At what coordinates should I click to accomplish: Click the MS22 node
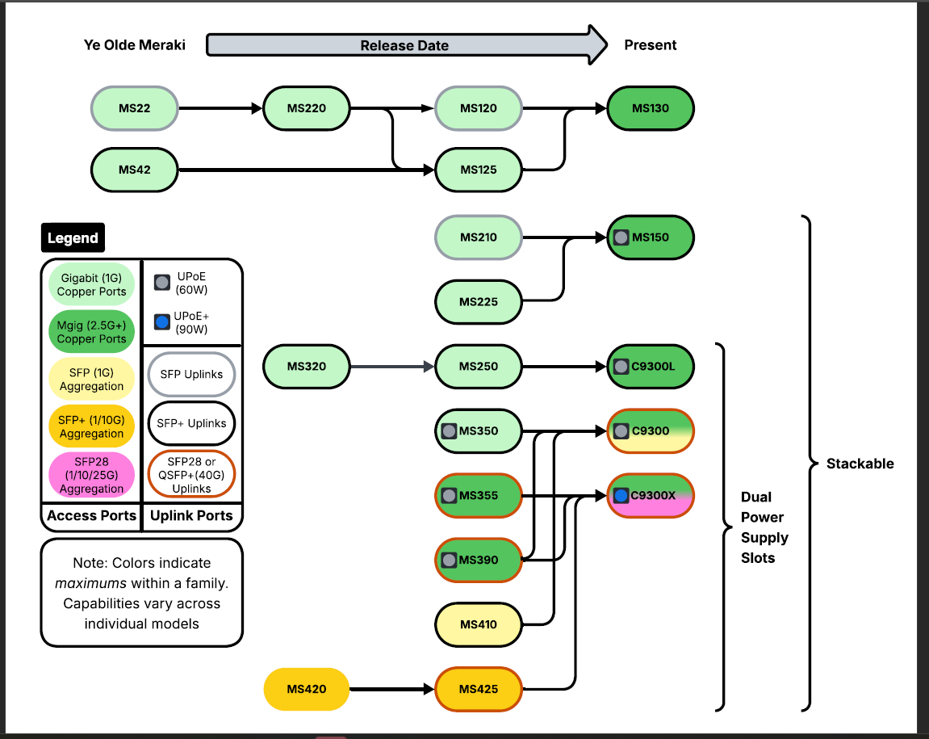[x=134, y=108]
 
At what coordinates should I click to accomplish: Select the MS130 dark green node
[x=650, y=108]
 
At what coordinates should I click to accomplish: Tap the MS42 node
[x=134, y=170]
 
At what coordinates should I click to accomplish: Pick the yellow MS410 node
[x=479, y=624]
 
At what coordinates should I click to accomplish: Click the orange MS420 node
[x=307, y=689]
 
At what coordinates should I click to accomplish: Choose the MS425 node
[x=479, y=689]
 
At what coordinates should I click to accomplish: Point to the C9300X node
[x=651, y=495]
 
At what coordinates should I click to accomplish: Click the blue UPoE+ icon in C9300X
[x=621, y=495]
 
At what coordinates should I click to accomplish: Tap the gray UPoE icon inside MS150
[x=621, y=237]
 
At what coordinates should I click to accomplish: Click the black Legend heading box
[x=73, y=237]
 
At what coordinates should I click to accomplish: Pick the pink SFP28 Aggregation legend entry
[x=91, y=474]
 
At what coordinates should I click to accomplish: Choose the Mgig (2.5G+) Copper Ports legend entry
[x=91, y=332]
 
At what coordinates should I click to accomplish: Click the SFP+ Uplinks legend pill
[x=191, y=422]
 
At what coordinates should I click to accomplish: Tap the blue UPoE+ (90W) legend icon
[x=161, y=322]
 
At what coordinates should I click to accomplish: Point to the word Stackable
[x=860, y=464]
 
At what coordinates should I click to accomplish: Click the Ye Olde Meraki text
[x=135, y=45]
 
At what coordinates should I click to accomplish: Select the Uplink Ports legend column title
[x=191, y=515]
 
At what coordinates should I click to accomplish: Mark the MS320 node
[x=307, y=366]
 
